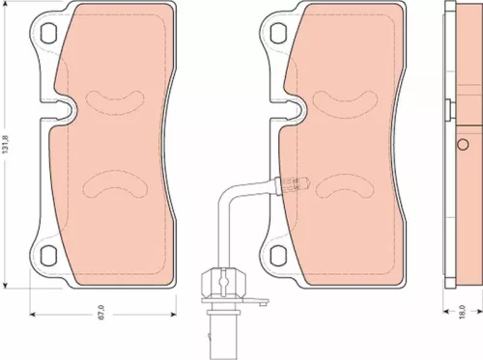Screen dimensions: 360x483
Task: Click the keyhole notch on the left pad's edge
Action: tap(65, 111)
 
